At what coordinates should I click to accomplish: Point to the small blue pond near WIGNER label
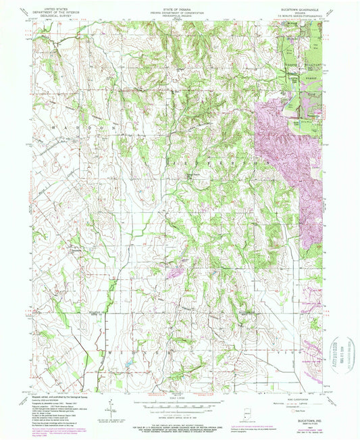(x=127, y=369)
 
